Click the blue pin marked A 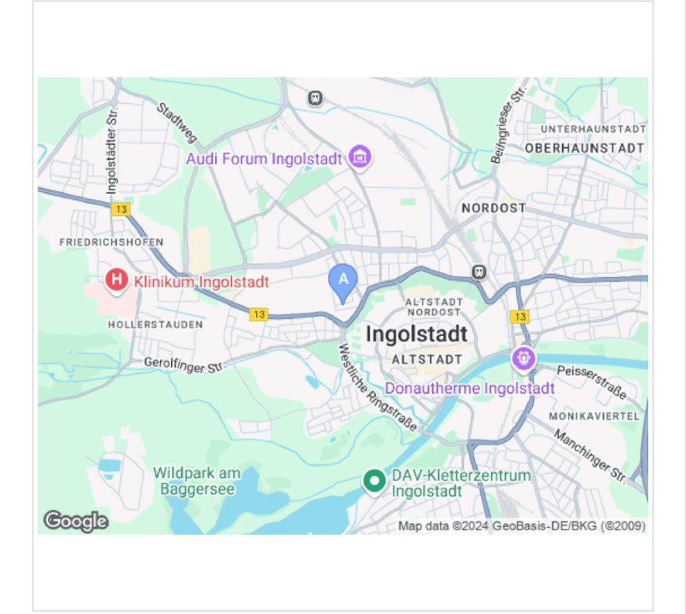pos(342,281)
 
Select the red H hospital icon pos(117,280)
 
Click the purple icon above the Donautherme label pos(523,358)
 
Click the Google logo pos(75,521)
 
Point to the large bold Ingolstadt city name pos(416,334)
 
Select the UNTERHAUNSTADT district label pos(593,129)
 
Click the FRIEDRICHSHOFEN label pos(111,242)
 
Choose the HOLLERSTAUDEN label pos(156,324)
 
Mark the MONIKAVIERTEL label pos(593,416)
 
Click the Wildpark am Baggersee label pos(197,481)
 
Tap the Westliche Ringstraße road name pos(377,388)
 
